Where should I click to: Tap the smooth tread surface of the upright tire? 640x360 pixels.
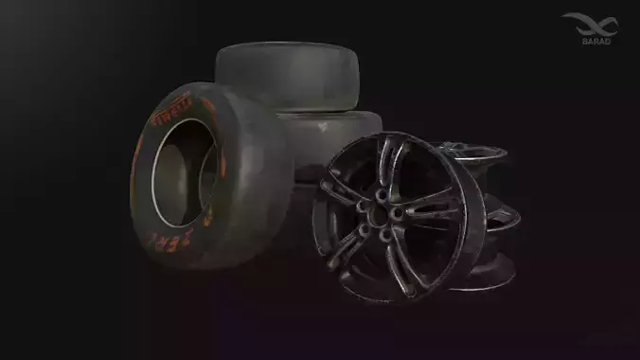[251, 171]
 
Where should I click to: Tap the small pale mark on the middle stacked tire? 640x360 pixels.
[325, 125]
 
